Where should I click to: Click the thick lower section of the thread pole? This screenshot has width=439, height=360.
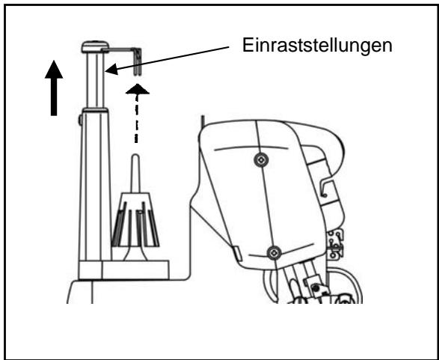pyautogui.click(x=94, y=187)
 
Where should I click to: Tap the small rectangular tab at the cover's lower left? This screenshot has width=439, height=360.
pyautogui.click(x=236, y=254)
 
